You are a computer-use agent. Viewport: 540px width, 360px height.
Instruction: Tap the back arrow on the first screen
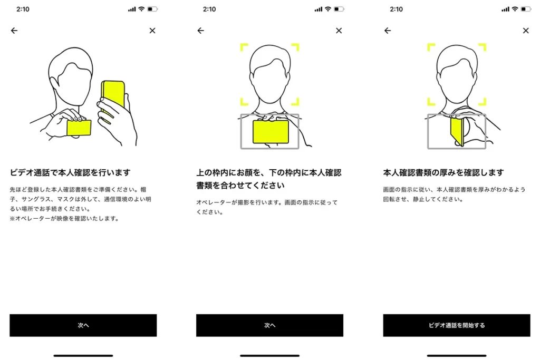click(x=14, y=31)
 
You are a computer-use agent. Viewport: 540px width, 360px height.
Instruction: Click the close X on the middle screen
click(x=339, y=31)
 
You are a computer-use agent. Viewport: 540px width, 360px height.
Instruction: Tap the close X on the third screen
click(x=526, y=31)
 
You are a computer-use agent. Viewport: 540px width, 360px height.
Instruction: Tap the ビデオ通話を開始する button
click(x=457, y=325)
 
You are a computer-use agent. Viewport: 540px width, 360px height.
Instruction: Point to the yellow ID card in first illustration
click(x=79, y=128)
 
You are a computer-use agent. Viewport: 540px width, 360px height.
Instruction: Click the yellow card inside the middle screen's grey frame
click(x=270, y=131)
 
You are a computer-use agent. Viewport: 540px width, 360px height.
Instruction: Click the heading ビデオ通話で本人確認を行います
click(x=70, y=172)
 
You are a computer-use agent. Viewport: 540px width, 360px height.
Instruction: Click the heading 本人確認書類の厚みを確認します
click(x=443, y=172)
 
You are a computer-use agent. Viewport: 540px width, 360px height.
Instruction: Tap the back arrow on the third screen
click(x=388, y=31)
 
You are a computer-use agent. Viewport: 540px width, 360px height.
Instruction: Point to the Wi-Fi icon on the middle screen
click(x=328, y=9)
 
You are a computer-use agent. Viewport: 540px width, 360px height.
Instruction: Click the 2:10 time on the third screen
click(x=396, y=9)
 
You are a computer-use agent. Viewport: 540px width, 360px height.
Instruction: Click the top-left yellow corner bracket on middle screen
click(x=244, y=47)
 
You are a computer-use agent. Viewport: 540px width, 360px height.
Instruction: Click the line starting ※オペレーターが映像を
click(x=64, y=218)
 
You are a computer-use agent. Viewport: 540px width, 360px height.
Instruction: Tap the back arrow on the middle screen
click(x=200, y=31)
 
